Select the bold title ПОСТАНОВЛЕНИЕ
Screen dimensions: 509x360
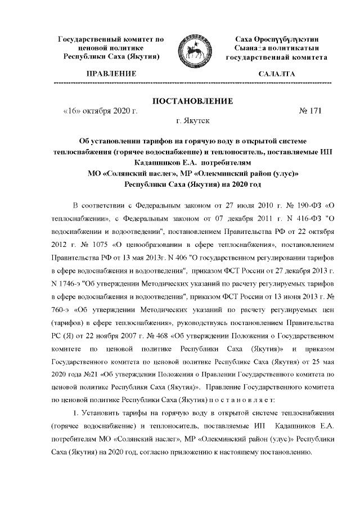pyautogui.click(x=193, y=101)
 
